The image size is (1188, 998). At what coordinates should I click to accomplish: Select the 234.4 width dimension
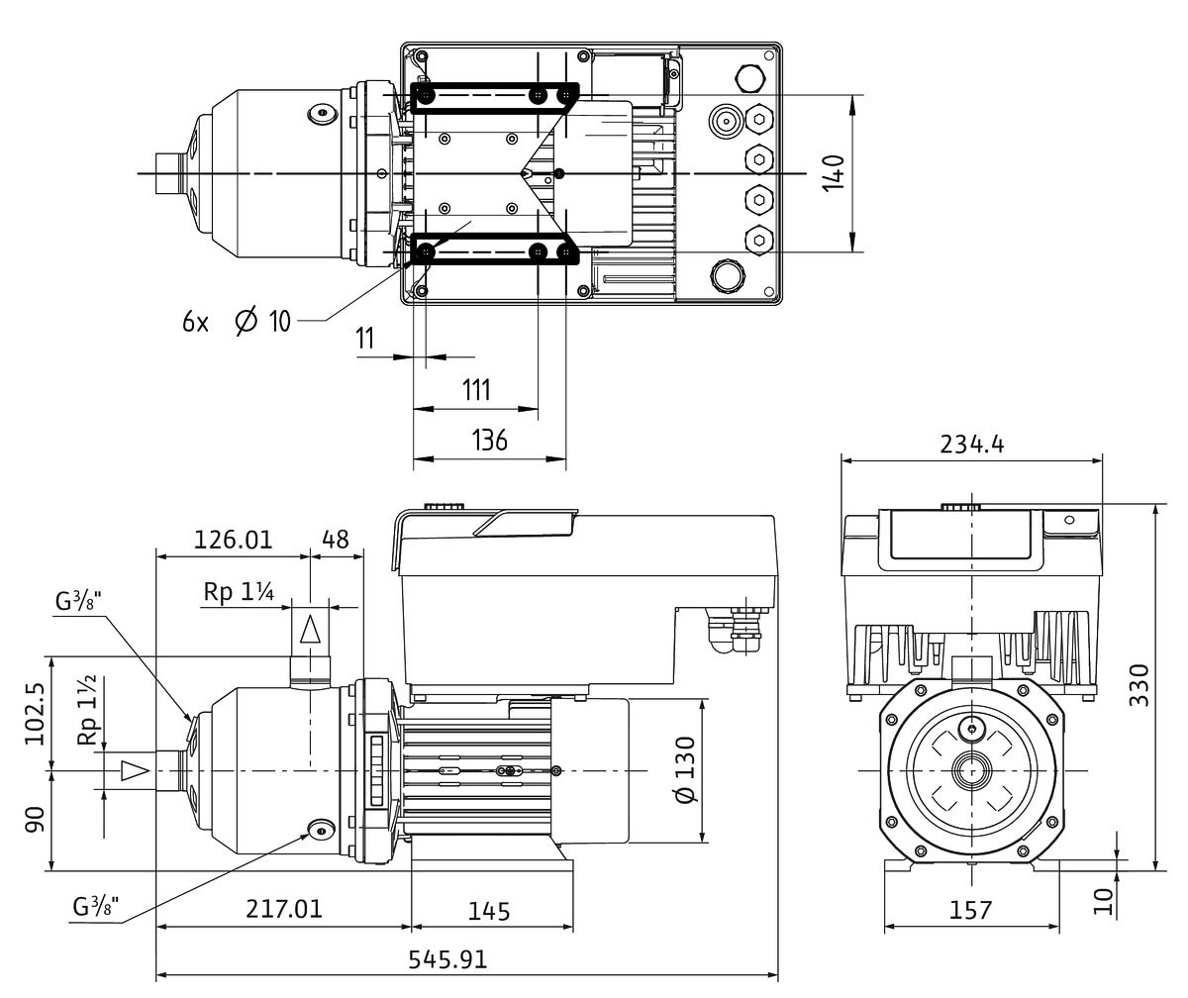pyautogui.click(x=972, y=445)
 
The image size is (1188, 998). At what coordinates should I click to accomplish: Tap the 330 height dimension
pyautogui.click(x=1139, y=684)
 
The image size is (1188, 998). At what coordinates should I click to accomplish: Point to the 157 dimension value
pyautogui.click(x=970, y=909)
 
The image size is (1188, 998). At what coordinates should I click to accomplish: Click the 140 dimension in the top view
pyautogui.click(x=835, y=174)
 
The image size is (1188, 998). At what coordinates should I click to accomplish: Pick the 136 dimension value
pyautogui.click(x=489, y=440)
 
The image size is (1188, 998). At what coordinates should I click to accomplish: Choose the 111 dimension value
pyautogui.click(x=476, y=389)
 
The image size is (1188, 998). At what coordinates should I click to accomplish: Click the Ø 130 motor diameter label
pyautogui.click(x=684, y=770)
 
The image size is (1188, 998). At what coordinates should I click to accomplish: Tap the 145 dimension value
pyautogui.click(x=489, y=910)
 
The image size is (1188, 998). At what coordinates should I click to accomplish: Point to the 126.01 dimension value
pyautogui.click(x=232, y=540)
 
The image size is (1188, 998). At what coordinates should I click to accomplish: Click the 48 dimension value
pyautogui.click(x=337, y=540)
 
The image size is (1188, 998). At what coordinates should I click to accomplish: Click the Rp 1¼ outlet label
pyautogui.click(x=239, y=592)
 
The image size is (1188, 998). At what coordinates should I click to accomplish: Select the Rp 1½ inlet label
pyautogui.click(x=88, y=711)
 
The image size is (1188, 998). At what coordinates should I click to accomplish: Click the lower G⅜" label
pyautogui.click(x=96, y=906)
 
